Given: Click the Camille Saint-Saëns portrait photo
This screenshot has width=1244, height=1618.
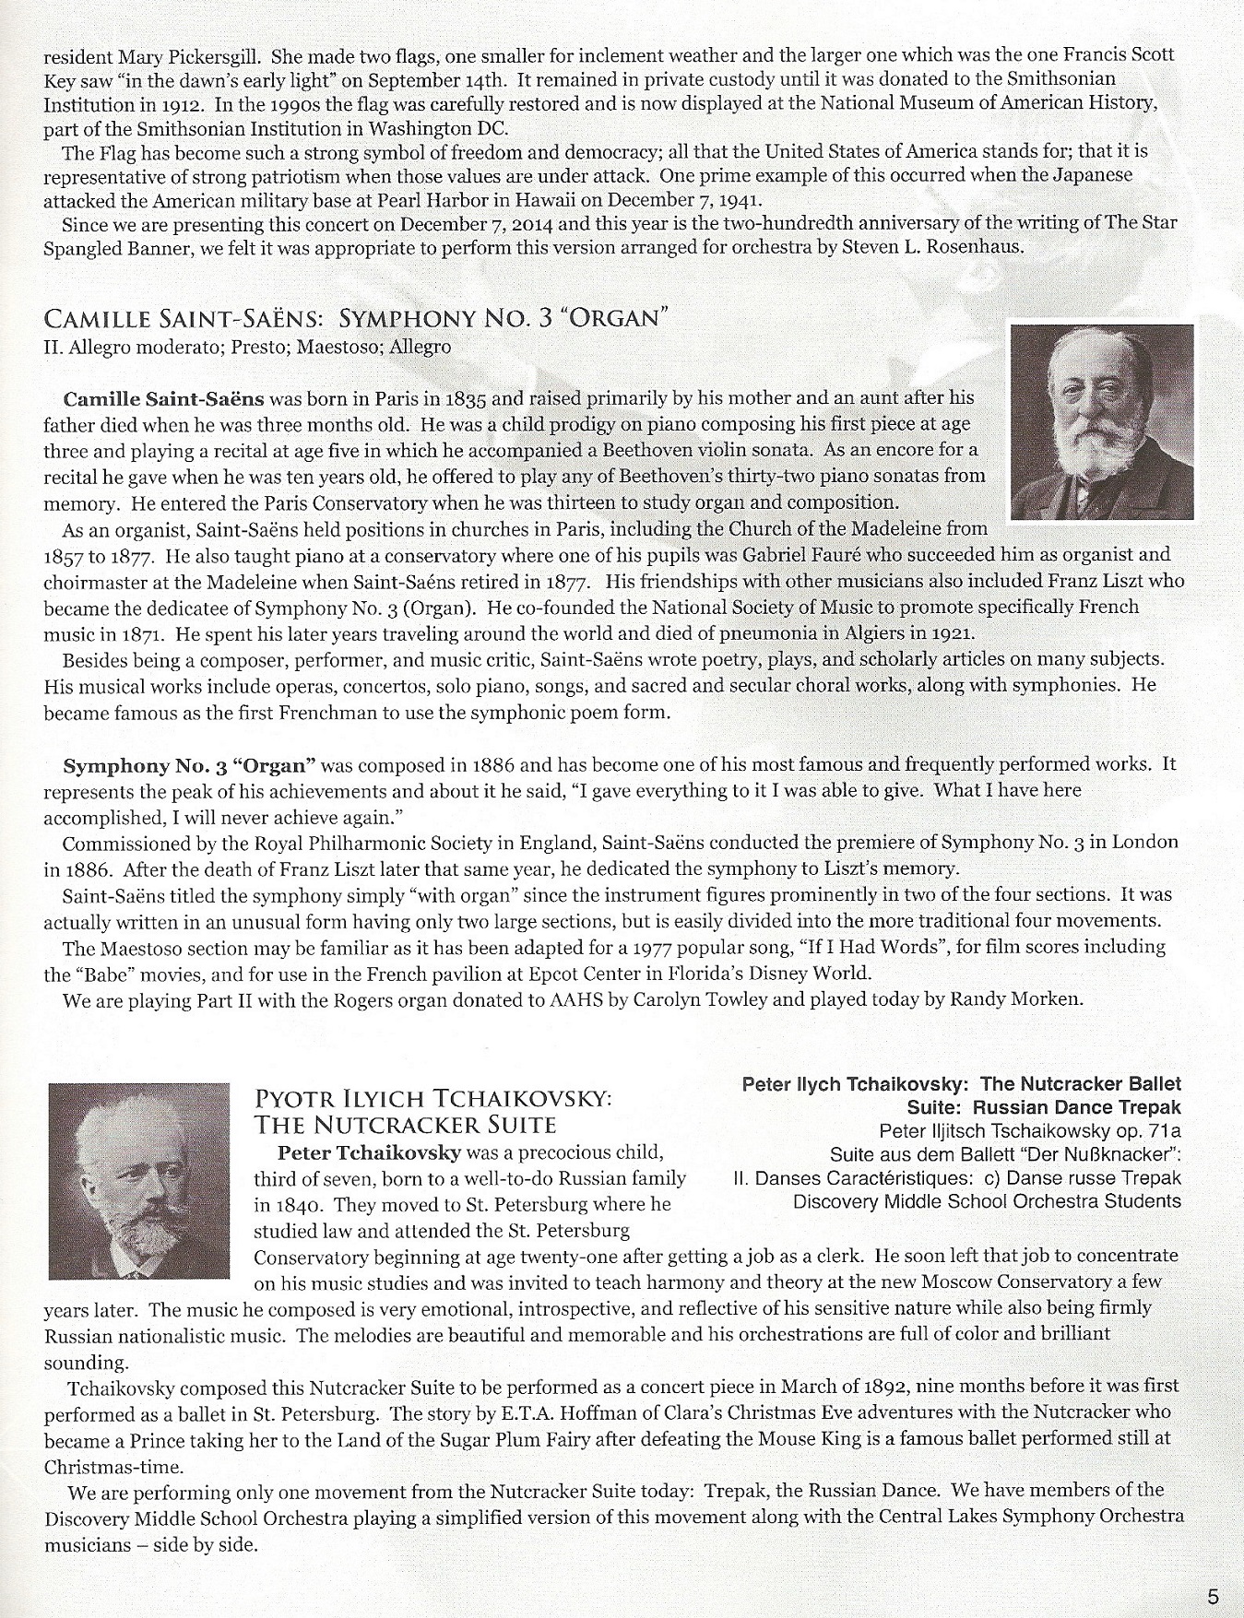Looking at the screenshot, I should [x=1102, y=421].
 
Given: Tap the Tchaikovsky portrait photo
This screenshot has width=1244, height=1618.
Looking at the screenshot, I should [x=138, y=1180].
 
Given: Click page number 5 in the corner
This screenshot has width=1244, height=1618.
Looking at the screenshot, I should [x=1212, y=1597].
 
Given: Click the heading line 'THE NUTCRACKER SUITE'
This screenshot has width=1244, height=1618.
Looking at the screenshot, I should [x=405, y=1125].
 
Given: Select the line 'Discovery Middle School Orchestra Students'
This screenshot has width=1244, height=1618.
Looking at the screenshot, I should [x=987, y=1201].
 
